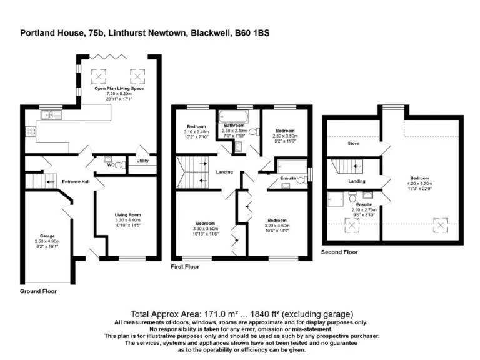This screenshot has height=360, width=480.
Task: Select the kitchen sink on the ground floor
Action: click(x=49, y=115)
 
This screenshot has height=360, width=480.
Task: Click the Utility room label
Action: click(x=142, y=161)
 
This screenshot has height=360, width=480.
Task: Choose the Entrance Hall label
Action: click(x=76, y=182)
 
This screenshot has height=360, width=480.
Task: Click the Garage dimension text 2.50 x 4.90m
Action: click(x=48, y=241)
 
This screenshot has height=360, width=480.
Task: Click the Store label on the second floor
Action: click(x=353, y=143)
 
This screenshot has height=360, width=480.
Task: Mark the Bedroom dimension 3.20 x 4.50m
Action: click(x=277, y=225)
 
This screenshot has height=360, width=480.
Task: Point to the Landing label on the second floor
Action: click(x=357, y=181)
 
